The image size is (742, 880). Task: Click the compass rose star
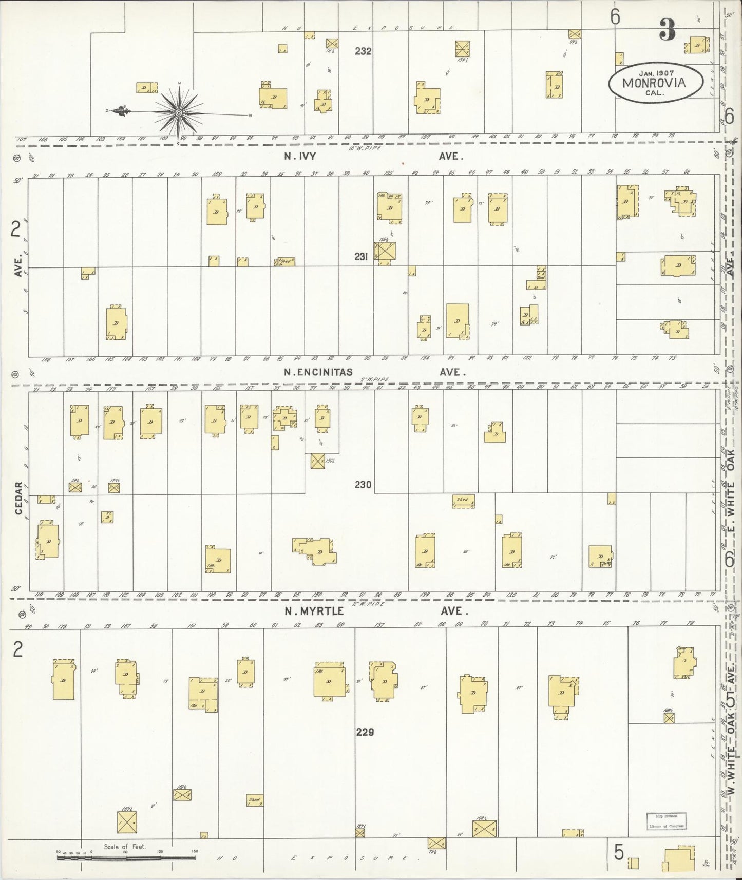tap(178, 112)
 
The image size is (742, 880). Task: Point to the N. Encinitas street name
tap(318, 372)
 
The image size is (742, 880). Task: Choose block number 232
tap(363, 51)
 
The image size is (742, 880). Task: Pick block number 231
tap(361, 256)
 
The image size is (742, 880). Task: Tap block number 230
tap(363, 484)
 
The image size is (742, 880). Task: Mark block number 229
tap(365, 732)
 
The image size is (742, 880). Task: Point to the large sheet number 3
tap(667, 31)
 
